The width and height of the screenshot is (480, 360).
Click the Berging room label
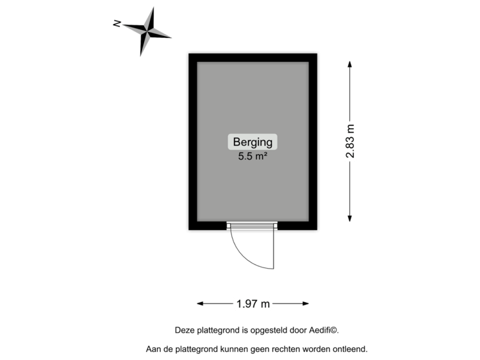(253, 142)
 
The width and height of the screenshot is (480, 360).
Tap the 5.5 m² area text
(253, 157)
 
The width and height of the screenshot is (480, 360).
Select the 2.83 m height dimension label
(350, 140)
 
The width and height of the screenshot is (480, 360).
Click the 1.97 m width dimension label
(253, 304)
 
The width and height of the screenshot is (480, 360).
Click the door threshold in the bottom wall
(251, 227)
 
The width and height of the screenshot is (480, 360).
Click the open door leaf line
(273, 248)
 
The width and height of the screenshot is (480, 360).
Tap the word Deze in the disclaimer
(183, 329)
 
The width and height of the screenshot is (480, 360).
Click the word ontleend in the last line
(351, 349)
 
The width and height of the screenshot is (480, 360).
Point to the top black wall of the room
(253, 56)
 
